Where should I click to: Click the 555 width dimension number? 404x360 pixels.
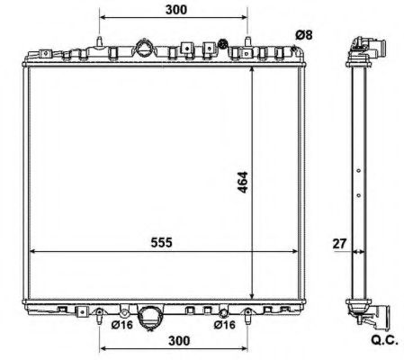click(x=161, y=242)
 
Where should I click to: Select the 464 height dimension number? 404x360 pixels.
click(x=242, y=182)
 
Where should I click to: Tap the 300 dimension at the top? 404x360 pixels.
click(x=176, y=10)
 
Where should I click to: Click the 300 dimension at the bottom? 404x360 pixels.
click(x=179, y=340)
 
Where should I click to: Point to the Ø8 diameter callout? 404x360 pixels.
click(x=304, y=35)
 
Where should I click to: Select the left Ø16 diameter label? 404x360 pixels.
click(x=121, y=324)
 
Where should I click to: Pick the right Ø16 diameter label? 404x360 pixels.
click(x=225, y=324)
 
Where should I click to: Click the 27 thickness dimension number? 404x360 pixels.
click(x=339, y=244)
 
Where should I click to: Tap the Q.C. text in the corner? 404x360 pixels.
click(x=385, y=340)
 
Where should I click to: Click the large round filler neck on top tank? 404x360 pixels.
click(x=143, y=48)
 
